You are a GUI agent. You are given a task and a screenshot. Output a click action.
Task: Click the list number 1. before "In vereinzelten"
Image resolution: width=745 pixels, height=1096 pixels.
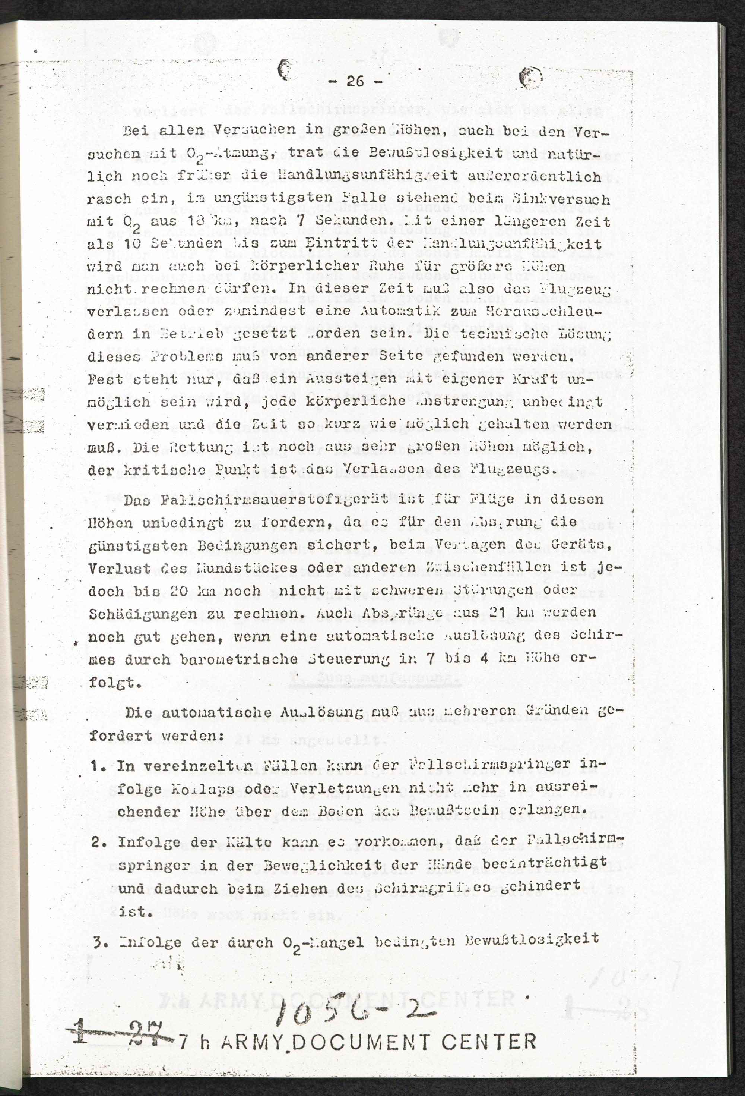tap(99, 766)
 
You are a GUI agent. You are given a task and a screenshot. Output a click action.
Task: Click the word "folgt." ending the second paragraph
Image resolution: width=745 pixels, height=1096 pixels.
tap(114, 683)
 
